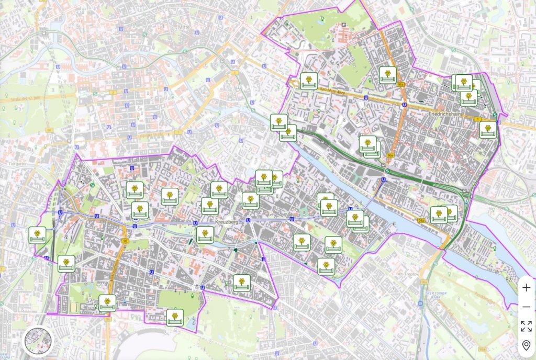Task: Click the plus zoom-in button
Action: (526, 288)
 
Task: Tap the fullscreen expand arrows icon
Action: (526, 326)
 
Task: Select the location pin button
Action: (526, 345)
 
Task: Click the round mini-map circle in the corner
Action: (38, 341)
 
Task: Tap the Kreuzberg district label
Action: (227, 222)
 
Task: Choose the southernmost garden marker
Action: (175, 317)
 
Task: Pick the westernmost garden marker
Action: (37, 235)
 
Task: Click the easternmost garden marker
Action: (488, 130)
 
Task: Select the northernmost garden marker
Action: (387, 75)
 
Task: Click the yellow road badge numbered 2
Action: (113, 92)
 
